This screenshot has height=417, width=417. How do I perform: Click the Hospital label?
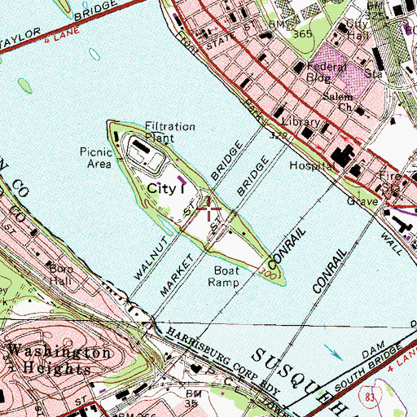point(312,165)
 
